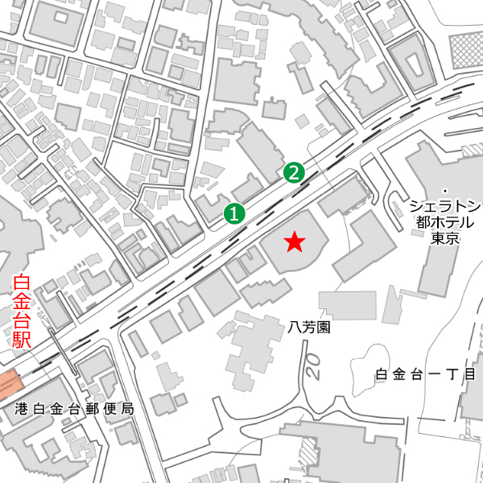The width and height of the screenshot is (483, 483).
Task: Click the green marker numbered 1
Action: coord(233,213)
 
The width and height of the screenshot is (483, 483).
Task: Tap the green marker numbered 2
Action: coord(294,171)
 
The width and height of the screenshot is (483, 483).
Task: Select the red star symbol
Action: coord(295,241)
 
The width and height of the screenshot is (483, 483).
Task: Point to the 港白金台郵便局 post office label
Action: coord(74,409)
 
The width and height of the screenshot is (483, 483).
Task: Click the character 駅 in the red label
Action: coord(22,339)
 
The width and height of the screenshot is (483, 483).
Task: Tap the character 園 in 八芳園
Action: coord(324,328)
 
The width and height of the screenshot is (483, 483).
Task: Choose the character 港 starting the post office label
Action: coord(22,409)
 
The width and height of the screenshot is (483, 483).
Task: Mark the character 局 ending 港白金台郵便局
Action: coord(126,409)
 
